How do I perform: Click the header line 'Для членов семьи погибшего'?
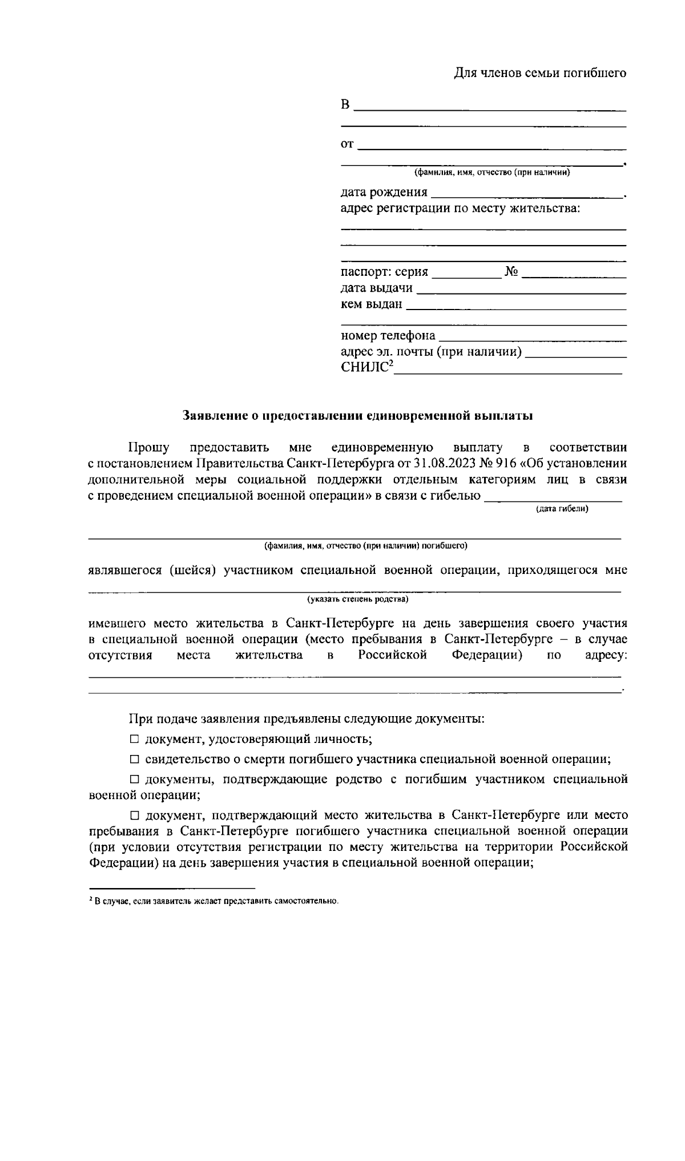539,73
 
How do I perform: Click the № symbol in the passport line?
511,272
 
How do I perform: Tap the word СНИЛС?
365,367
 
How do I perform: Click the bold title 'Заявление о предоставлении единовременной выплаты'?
357,416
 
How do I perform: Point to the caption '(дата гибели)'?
562,509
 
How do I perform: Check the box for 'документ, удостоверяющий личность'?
134,740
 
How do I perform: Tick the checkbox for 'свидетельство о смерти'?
134,760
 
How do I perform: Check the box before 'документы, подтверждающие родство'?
134,780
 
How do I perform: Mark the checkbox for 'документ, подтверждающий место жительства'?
134,815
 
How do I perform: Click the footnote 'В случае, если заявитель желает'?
215,901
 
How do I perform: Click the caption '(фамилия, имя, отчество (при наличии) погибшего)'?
365,546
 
